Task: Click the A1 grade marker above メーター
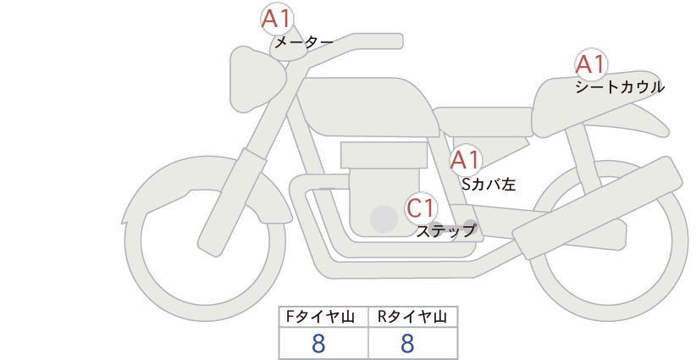click(276, 19)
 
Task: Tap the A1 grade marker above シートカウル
click(591, 64)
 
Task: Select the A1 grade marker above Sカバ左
click(466, 160)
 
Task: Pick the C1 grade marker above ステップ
click(421, 208)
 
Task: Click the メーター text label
click(304, 43)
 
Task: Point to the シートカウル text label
click(620, 87)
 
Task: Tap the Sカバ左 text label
click(489, 184)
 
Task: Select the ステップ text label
click(446, 231)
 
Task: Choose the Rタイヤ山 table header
click(413, 317)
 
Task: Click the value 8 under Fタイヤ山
click(318, 343)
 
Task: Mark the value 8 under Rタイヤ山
click(407, 343)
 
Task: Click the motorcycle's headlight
click(257, 79)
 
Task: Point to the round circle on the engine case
click(384, 219)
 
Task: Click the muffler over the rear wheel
click(597, 208)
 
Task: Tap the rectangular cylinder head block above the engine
click(384, 155)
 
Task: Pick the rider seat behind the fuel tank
click(483, 121)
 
